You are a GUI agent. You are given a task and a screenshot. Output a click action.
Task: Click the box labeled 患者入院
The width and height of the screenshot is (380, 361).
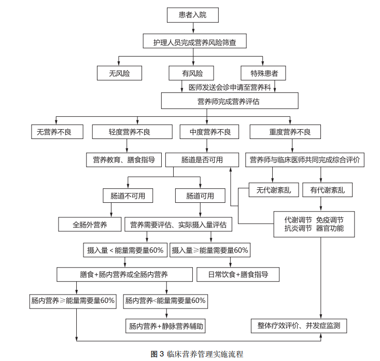(192, 16)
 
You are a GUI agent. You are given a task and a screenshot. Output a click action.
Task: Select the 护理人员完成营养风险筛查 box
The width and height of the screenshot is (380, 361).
(194, 43)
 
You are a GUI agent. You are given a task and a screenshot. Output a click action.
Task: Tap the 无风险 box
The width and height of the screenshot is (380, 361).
(119, 74)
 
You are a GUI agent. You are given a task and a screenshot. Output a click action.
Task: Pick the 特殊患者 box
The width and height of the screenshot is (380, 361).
(263, 74)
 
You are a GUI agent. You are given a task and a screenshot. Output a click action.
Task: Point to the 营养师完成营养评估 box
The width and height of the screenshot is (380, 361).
(229, 101)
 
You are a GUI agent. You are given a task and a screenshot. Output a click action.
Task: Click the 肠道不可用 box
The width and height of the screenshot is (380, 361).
(128, 196)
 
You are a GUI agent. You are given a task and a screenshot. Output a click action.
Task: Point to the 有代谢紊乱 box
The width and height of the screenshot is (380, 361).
(328, 190)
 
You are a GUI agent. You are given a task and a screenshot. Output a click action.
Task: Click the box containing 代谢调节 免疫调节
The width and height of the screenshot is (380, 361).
(314, 224)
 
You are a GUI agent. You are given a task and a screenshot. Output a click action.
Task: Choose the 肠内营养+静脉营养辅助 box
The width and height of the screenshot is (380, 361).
(166, 326)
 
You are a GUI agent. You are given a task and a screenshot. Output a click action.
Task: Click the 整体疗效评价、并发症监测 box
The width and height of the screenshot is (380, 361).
(299, 326)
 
